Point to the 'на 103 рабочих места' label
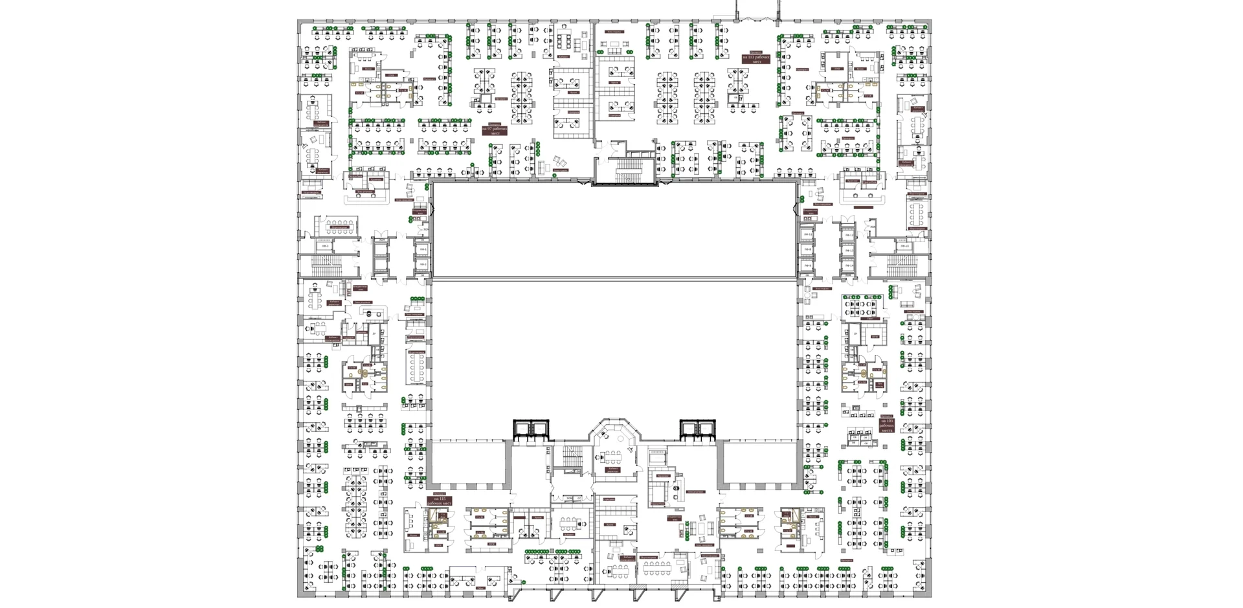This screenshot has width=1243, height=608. tap(886, 426)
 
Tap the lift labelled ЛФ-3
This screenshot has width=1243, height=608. tap(325, 246)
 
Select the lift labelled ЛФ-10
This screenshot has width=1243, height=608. tap(905, 245)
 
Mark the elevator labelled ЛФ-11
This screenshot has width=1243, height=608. tap(807, 234)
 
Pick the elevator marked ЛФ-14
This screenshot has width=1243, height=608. tap(849, 265)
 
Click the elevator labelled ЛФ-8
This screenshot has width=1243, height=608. tap(807, 249)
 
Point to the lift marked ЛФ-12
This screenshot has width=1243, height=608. tap(849, 234)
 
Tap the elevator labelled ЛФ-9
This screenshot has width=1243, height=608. tap(807, 265)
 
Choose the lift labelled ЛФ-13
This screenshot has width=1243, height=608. tap(849, 250)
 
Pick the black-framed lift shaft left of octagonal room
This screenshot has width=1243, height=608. tap(531, 429)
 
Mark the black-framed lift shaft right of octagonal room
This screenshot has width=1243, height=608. tap(697, 429)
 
